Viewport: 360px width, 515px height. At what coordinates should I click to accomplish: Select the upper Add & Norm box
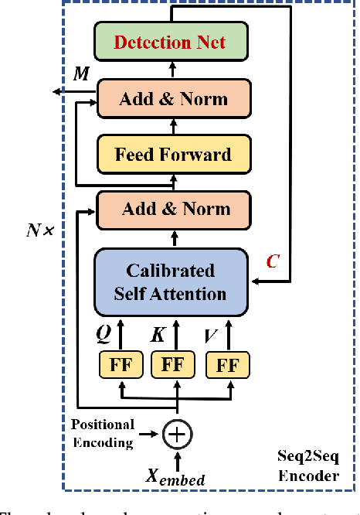point(173,99)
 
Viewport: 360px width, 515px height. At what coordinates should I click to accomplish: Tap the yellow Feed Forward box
point(173,153)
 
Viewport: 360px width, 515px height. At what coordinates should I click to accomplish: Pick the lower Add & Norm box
point(173,209)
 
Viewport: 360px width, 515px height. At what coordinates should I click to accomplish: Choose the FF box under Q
point(120,364)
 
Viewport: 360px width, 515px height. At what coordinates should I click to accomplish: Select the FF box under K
point(172,364)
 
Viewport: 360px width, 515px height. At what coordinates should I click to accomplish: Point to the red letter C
point(273,261)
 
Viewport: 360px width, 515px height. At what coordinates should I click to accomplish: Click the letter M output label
point(80,73)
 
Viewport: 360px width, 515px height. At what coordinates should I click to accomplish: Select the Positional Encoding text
point(103,433)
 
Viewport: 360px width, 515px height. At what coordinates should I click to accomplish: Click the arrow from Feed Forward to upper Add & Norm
point(173,126)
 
